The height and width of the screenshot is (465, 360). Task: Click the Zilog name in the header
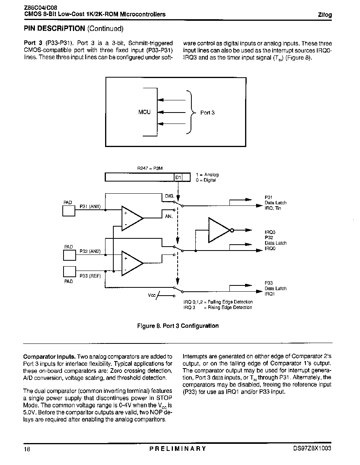point(325,15)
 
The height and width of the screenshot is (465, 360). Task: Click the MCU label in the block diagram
point(144,112)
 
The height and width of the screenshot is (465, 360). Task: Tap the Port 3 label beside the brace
point(207,113)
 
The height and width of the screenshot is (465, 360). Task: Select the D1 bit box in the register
point(178,177)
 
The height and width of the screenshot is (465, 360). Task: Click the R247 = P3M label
point(150,169)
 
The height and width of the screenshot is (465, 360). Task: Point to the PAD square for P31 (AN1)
point(69,211)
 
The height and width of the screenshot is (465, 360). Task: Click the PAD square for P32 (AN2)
point(70,255)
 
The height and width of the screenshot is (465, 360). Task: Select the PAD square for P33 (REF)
point(70,272)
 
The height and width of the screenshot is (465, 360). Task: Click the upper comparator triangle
point(132,218)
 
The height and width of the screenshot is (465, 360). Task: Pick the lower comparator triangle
point(132,263)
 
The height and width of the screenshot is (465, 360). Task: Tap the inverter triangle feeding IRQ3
point(220,230)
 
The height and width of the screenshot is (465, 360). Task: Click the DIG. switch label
point(169,196)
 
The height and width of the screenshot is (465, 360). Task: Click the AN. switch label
point(169,216)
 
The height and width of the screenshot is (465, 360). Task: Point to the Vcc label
point(151,295)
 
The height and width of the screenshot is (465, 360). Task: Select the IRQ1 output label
point(270,294)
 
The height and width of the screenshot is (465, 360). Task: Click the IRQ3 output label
point(270,232)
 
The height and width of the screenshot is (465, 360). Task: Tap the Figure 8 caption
point(178,326)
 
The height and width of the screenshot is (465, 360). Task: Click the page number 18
point(27,449)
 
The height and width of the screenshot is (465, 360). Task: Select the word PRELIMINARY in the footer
point(178,449)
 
